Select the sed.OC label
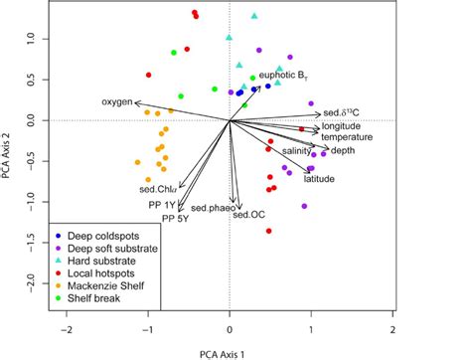coord(248,214)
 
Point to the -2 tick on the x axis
coord(67,326)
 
